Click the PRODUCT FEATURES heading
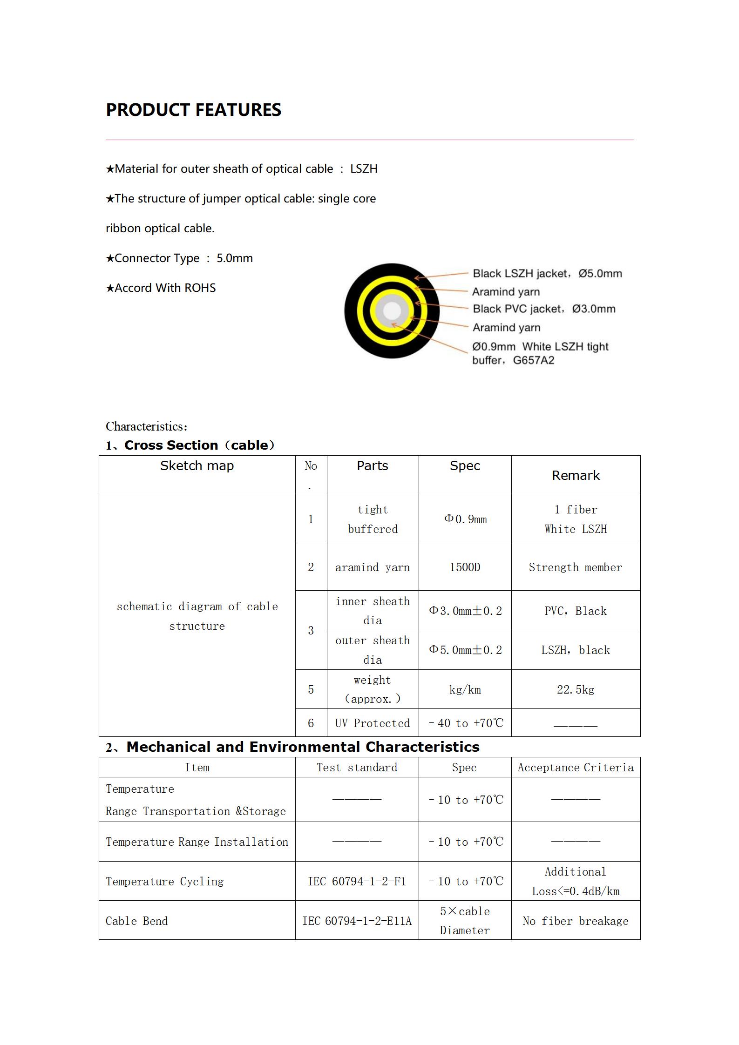[193, 110]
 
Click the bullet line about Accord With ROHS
[161, 288]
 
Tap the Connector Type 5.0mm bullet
[179, 258]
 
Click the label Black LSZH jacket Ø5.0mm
[547, 273]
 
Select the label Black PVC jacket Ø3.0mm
[544, 309]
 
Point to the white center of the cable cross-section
[392, 310]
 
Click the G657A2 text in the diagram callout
[534, 360]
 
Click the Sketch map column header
[197, 466]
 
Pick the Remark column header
[576, 475]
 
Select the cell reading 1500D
[465, 567]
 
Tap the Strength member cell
[575, 567]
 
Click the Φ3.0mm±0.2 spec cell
[465, 611]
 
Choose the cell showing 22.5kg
[576, 689]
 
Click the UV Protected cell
[373, 723]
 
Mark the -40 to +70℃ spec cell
[465, 723]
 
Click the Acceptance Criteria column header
[576, 768]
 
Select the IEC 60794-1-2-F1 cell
[357, 881]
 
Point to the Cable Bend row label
[136, 921]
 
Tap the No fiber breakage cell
[576, 921]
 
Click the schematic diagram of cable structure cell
[197, 616]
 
